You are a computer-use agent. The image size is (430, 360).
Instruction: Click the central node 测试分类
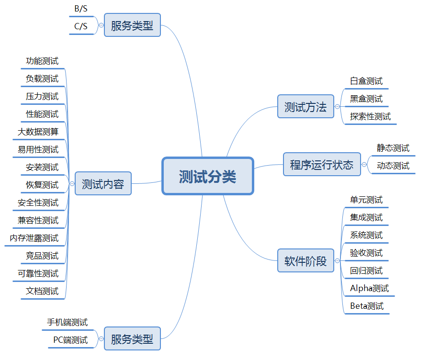207,176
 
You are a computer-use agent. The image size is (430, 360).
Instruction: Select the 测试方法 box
306,107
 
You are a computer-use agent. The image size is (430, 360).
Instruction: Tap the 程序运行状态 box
322,165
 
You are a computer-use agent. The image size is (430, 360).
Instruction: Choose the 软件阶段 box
306,261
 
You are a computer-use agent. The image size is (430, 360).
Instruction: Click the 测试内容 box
103,184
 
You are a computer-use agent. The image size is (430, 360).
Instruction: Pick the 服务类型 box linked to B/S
132,25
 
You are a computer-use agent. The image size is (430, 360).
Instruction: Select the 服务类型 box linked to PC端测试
132,339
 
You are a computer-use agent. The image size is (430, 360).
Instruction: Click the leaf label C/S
81,27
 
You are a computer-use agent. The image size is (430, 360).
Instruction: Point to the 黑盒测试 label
366,99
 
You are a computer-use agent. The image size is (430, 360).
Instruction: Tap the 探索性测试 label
370,116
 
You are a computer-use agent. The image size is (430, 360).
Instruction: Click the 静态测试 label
393,148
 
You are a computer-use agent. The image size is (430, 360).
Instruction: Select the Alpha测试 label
369,288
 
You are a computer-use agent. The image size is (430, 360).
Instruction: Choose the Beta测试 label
367,306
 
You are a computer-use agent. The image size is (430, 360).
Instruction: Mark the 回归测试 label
366,270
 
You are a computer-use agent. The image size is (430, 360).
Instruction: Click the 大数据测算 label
38,132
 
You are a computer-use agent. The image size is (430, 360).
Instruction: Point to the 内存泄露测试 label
34,238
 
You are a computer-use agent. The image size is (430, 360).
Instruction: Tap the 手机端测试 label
67,322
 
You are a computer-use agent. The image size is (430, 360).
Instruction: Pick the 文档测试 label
42,291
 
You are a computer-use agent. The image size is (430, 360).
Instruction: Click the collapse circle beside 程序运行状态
364,165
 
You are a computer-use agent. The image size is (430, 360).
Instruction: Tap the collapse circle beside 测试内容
72,184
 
